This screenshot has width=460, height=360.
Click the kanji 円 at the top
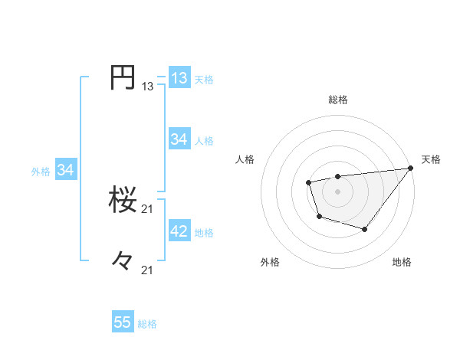click(x=123, y=77)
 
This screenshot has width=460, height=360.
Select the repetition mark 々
click(x=123, y=260)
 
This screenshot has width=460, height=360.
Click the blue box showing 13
click(x=179, y=78)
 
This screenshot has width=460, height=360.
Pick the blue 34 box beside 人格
click(x=179, y=139)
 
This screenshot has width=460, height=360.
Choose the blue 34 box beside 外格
click(x=65, y=171)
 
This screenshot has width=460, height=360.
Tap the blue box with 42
click(x=179, y=231)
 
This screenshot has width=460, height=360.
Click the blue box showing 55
click(x=123, y=322)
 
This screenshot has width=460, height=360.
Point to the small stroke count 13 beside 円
click(x=147, y=87)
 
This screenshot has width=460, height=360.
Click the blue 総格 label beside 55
click(x=147, y=324)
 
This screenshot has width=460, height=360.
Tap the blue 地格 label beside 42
click(x=205, y=233)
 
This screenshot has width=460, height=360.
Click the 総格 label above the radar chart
click(x=337, y=100)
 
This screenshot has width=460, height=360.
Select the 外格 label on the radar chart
click(x=270, y=262)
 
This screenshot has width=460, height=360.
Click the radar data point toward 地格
click(x=365, y=229)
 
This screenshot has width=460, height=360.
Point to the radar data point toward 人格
click(x=308, y=182)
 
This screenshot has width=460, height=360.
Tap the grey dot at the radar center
click(x=337, y=191)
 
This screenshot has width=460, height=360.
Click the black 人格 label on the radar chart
click(x=245, y=159)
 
